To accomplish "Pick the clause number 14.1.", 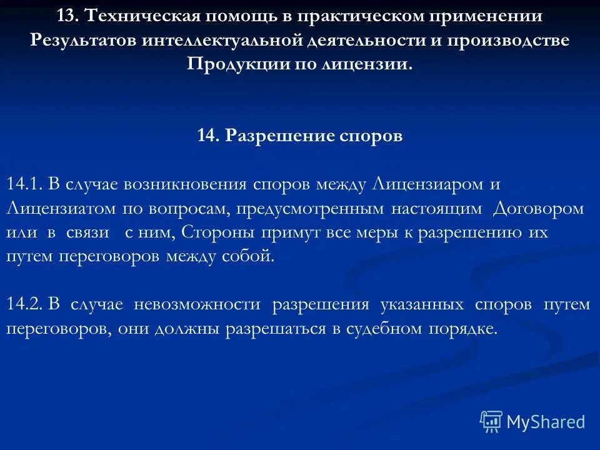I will (24, 184).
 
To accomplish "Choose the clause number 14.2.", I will (24, 304).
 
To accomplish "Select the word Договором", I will (538, 208).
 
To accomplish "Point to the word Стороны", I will (219, 232).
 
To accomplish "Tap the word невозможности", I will (201, 304).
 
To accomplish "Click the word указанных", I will (421, 304).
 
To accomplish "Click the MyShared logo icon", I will (491, 421).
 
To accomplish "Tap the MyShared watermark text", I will (546, 422).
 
